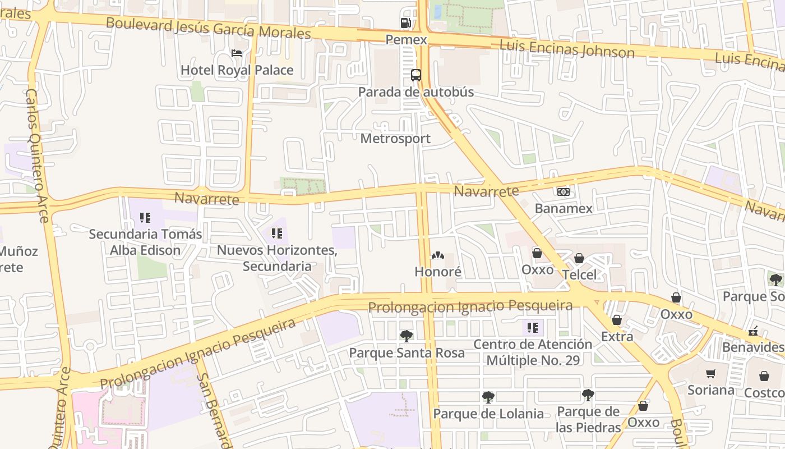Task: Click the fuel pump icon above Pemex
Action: point(405,23)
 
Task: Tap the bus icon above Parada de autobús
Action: point(415,75)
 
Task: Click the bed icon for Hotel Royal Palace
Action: point(237,53)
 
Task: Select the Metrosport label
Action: point(395,139)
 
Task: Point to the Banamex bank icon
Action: point(564,192)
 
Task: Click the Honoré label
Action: point(437,272)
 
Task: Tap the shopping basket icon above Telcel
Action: point(579,258)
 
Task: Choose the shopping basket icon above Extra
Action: point(617,320)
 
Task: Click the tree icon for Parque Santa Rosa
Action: point(407,336)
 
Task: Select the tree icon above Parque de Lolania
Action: point(488,397)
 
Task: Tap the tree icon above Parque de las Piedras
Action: point(588,395)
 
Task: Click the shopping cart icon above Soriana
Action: point(710,373)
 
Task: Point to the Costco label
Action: point(764,392)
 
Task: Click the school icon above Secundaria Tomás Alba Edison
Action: point(145,217)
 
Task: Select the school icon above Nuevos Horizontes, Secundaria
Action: point(276,233)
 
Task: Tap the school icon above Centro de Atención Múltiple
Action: point(533,327)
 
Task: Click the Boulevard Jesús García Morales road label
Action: point(208,28)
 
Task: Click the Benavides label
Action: point(752,347)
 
